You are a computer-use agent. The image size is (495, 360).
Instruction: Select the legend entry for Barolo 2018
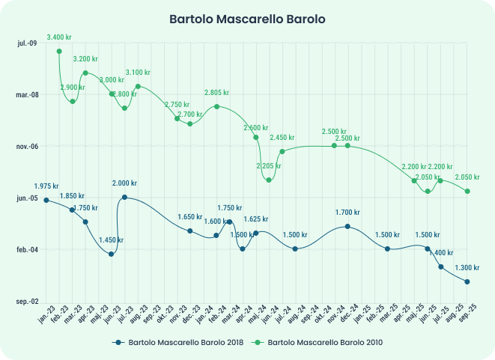[180, 342]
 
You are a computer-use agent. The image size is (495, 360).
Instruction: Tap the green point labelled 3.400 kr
[59, 51]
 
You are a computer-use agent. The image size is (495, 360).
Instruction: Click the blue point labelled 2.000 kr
[124, 198]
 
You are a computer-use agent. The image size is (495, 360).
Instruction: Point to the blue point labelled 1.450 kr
[111, 254]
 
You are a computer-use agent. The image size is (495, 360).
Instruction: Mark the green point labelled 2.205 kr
[269, 180]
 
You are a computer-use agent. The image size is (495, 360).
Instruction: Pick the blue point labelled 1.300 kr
[467, 282]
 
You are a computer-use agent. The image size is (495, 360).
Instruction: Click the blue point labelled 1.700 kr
[347, 226]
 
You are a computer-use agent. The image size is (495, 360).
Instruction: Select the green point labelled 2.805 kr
[216, 106]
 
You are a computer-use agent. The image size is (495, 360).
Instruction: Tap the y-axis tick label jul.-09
[26, 43]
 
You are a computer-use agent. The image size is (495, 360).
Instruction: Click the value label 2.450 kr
[282, 138]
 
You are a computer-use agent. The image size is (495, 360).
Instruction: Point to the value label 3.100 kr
[139, 72]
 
